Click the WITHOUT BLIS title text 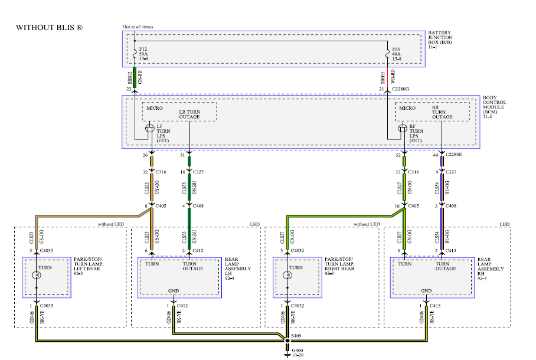(x=49, y=28)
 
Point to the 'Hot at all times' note (x=138, y=27)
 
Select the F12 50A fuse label (x=143, y=54)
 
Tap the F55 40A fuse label (x=396, y=54)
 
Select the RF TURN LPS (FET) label (x=416, y=133)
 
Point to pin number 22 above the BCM (x=128, y=89)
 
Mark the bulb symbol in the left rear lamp (x=36, y=274)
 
